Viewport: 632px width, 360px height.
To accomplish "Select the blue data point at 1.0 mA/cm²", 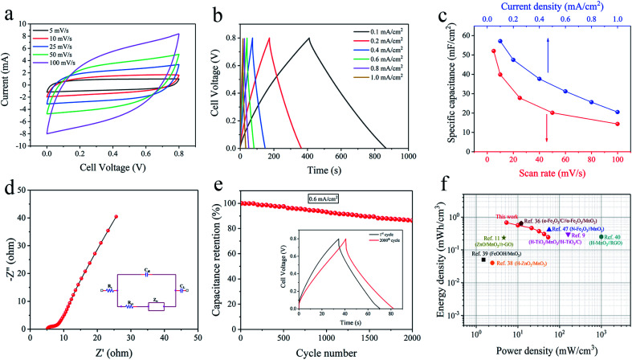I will point(618,112).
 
